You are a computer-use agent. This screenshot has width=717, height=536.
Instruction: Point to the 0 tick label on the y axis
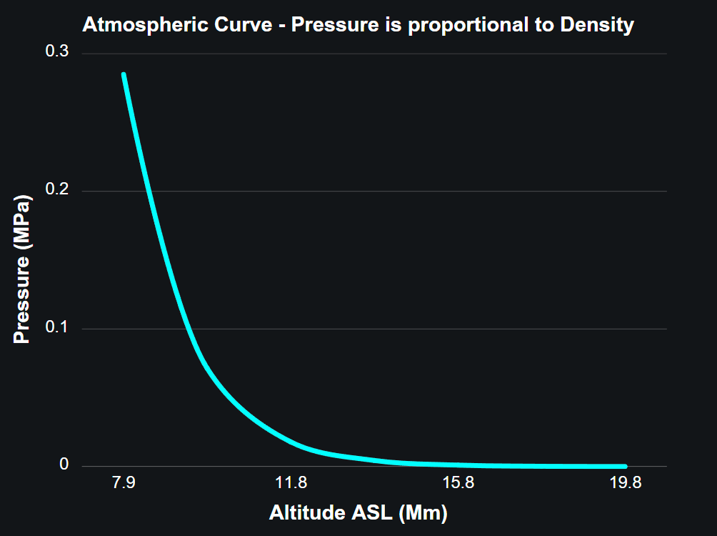point(64,465)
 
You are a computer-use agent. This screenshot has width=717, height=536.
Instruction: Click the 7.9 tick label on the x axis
point(124,484)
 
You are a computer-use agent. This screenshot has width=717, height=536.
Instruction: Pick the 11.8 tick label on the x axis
point(291,484)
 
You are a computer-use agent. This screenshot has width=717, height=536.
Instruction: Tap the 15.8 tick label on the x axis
point(458,484)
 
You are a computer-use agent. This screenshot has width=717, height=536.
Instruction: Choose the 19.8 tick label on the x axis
point(626,484)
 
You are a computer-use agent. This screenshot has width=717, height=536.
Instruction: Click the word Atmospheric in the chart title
point(142,25)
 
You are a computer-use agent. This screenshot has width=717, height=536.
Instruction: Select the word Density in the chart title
point(597,25)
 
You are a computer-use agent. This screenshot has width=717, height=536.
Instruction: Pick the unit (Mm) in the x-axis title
point(423,512)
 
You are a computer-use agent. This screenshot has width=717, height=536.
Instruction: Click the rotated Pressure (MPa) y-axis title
point(23,267)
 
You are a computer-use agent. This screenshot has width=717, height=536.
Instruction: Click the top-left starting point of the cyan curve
point(124,74)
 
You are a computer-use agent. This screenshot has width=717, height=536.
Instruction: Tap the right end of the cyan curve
point(625,466)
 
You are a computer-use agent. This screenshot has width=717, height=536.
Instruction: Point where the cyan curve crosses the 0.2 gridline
point(149,191)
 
